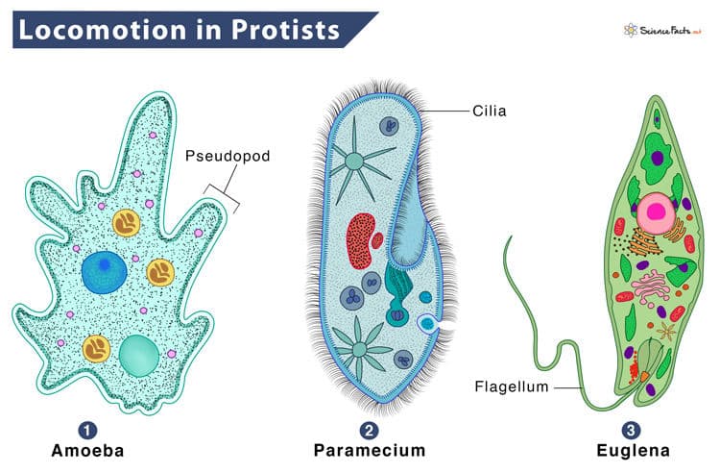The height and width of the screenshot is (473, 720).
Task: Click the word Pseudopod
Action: (228, 157)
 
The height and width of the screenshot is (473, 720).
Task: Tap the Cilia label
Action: (490, 111)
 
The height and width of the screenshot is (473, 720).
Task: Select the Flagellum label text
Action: (512, 386)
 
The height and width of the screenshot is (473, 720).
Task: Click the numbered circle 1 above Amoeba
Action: (87, 431)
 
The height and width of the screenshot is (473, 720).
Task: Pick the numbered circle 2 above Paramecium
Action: (370, 431)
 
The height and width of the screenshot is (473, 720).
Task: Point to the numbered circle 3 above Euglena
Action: (632, 431)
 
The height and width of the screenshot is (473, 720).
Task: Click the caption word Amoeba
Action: (87, 451)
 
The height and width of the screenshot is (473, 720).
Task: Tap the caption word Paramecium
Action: (370, 451)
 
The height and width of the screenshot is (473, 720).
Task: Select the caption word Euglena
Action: (633, 451)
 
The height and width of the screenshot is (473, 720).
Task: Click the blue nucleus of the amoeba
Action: (105, 272)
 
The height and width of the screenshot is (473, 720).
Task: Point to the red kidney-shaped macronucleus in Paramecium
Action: (361, 241)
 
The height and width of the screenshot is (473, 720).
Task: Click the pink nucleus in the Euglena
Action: (656, 212)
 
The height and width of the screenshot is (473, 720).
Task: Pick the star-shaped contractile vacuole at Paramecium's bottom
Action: (361, 349)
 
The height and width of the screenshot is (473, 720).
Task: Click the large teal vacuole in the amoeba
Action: (138, 356)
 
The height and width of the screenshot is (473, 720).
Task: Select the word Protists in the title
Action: (285, 30)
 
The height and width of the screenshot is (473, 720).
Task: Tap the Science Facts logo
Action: (663, 31)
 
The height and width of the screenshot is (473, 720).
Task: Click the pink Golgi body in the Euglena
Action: (652, 287)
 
